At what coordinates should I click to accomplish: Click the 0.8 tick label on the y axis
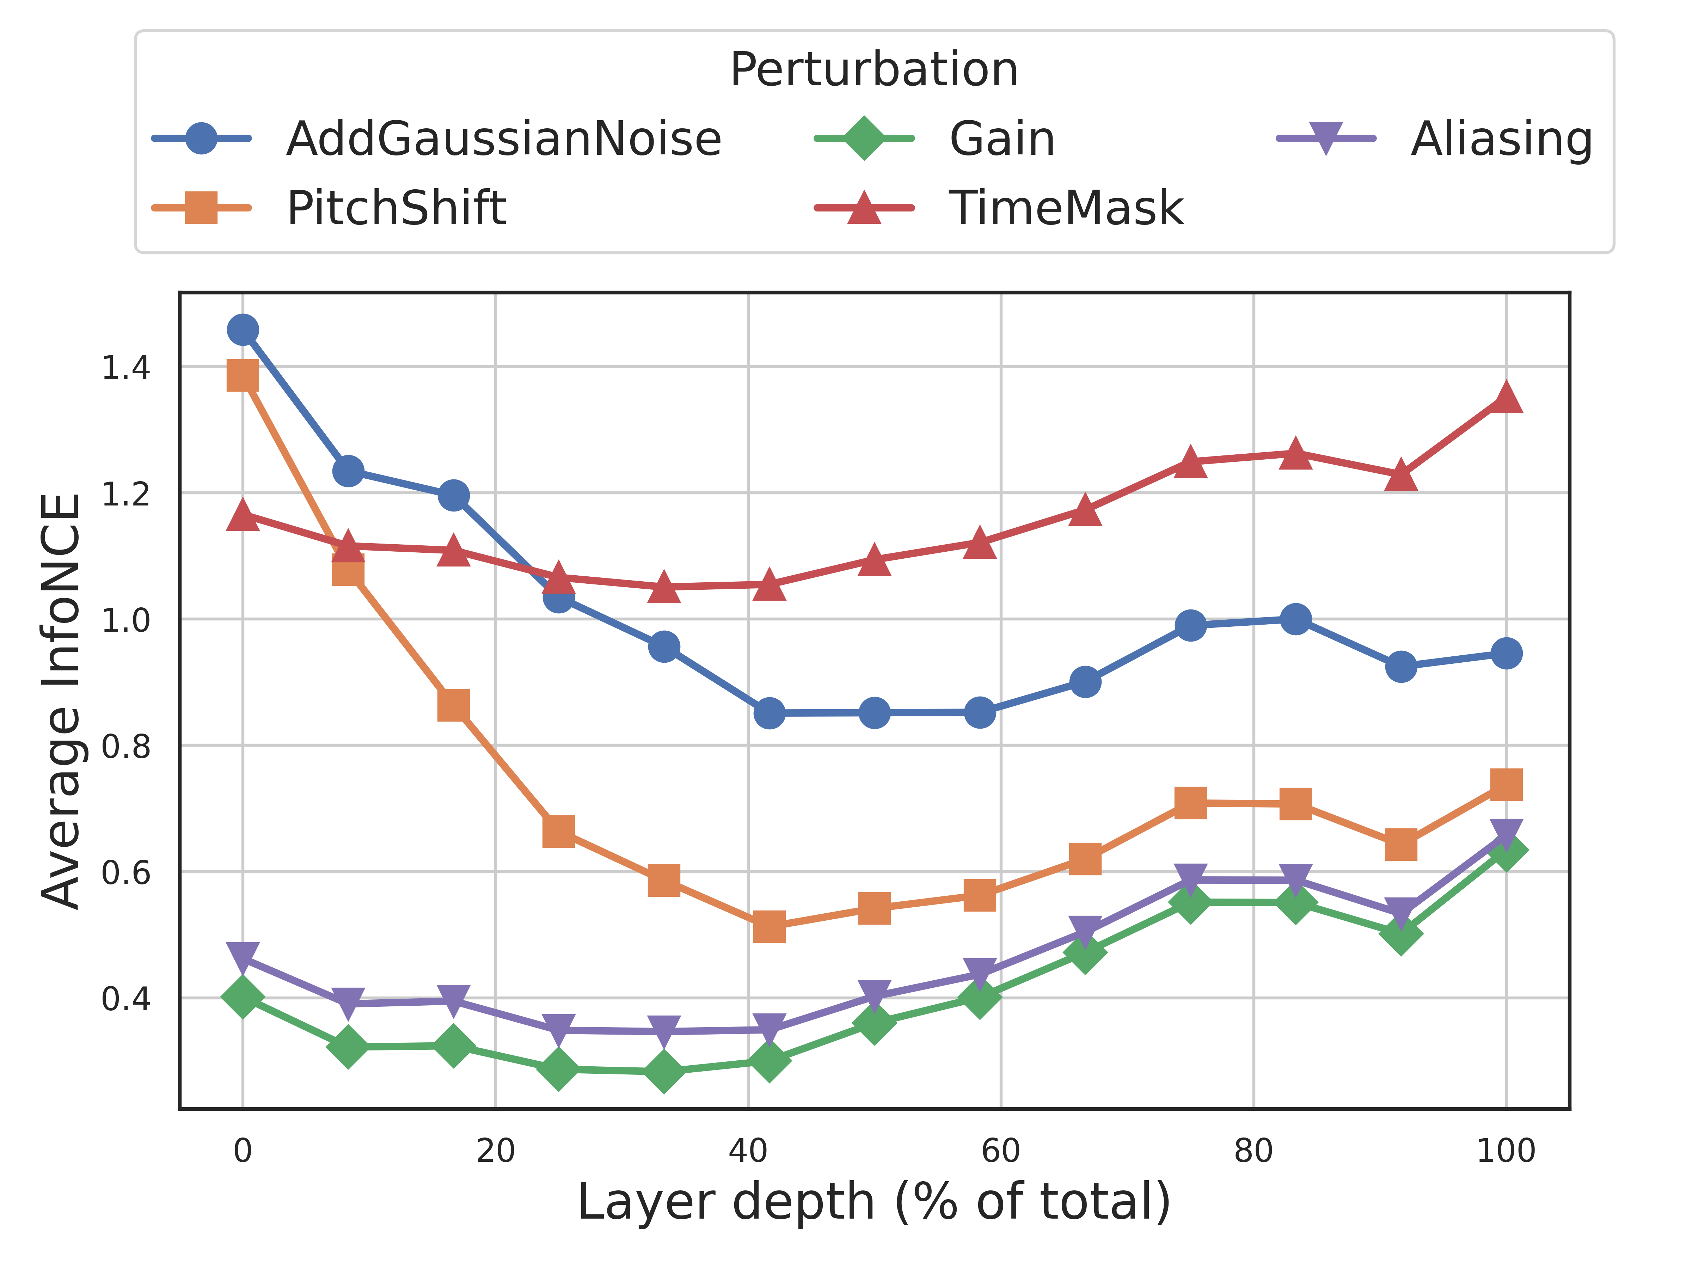(x=126, y=746)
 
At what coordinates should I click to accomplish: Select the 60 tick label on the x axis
(x=1000, y=1151)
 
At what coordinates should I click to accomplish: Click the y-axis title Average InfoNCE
(x=61, y=701)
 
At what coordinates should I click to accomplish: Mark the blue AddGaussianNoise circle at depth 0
(x=243, y=330)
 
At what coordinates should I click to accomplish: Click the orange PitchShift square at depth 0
(x=243, y=375)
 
